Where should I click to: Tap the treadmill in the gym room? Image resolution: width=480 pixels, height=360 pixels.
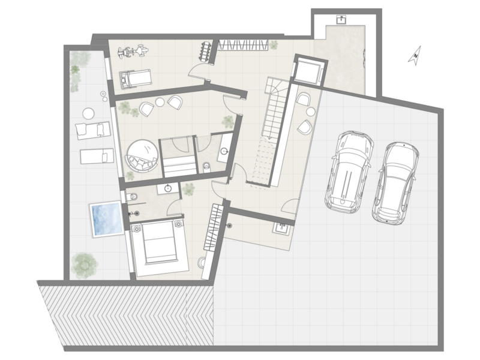136,79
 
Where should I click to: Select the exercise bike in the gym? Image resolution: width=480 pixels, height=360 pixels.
133,51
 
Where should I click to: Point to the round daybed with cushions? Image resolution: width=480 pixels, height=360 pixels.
142,155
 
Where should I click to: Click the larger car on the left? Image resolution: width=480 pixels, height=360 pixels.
349,172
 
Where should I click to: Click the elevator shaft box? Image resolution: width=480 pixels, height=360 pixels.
309,71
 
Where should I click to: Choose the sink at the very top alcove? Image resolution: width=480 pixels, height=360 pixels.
341,20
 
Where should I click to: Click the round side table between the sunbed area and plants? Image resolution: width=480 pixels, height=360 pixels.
88,113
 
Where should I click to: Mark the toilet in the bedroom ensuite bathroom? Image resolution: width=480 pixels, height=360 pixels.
133,196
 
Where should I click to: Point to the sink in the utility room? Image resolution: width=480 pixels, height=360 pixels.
281,229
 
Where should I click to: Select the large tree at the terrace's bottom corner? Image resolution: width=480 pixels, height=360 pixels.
85,265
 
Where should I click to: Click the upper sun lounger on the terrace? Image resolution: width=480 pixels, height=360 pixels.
93,130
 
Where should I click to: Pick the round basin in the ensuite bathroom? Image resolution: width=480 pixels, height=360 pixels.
168,188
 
